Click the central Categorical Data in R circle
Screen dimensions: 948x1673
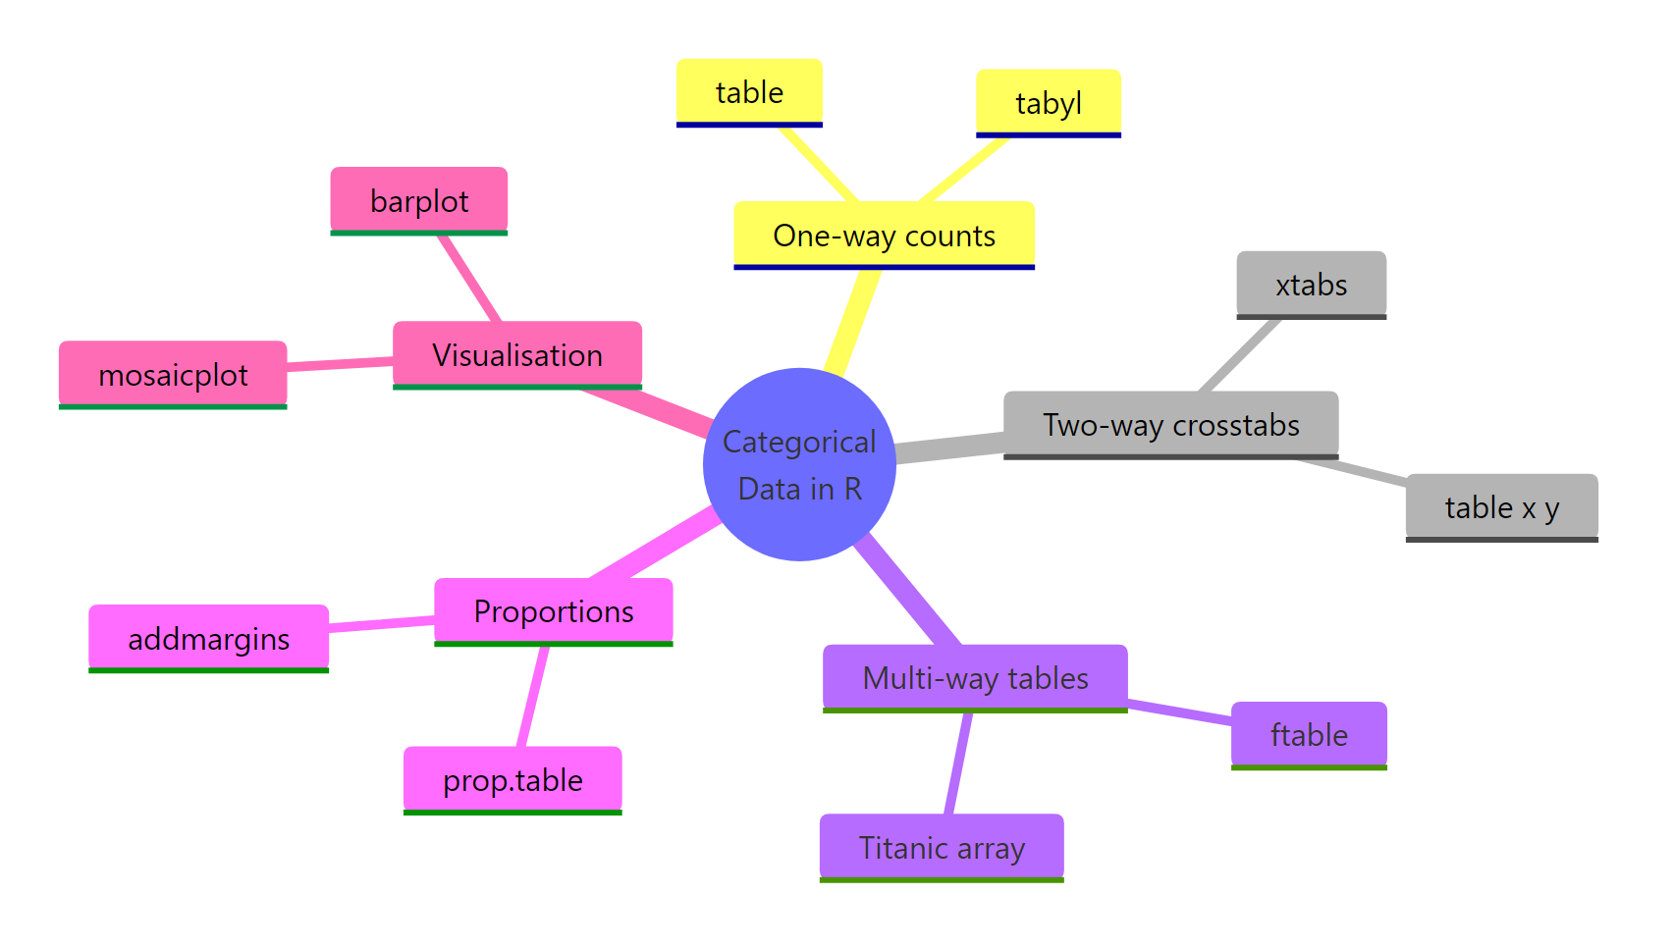coord(799,464)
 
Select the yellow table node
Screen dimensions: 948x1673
coord(749,92)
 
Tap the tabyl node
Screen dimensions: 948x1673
coord(1048,103)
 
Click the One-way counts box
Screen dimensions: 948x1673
coord(884,236)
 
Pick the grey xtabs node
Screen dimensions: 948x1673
coord(1311,285)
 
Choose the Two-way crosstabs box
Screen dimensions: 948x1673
coord(1170,425)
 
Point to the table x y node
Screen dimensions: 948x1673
coord(1501,507)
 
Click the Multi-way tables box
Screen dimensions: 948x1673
coord(975,677)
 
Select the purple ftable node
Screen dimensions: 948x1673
coord(1309,734)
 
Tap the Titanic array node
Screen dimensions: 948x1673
coord(942,847)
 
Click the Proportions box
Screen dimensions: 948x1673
coord(554,611)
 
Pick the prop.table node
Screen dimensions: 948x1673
coord(513,780)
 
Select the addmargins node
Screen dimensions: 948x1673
coord(208,639)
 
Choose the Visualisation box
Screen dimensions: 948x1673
coord(517,354)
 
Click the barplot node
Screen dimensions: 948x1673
coord(419,201)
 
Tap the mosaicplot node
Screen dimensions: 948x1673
coord(173,375)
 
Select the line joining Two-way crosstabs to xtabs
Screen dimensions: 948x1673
coord(1240,355)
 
